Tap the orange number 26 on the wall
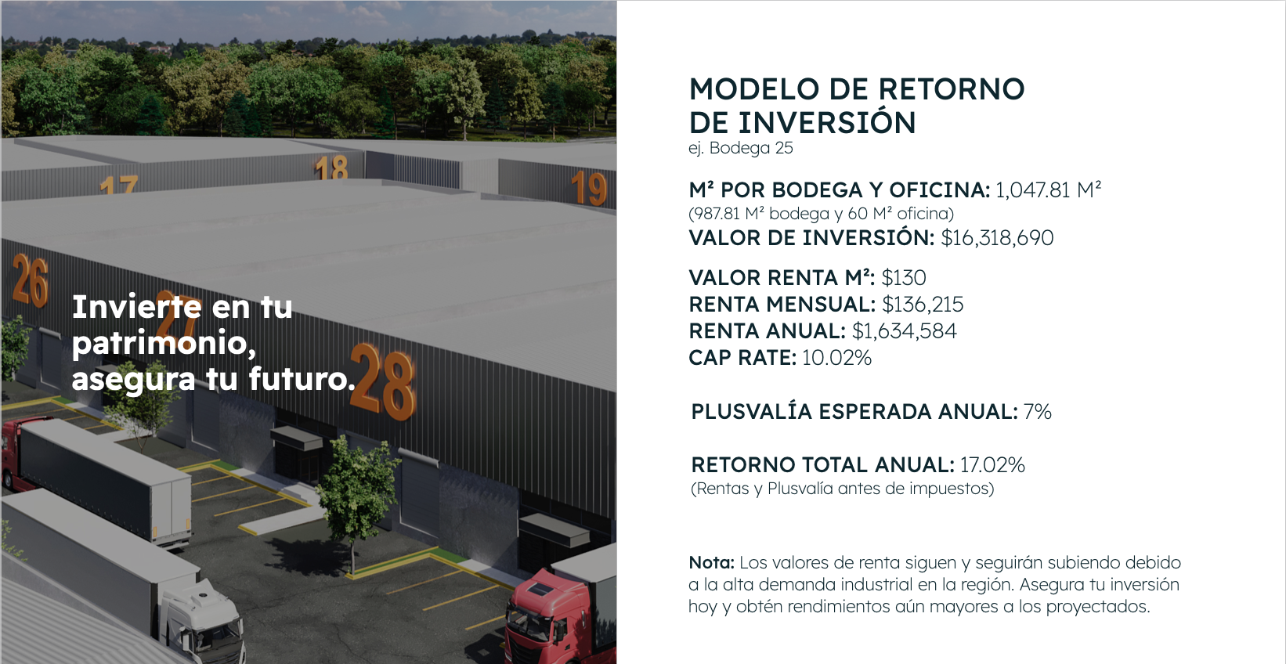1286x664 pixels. (x=30, y=281)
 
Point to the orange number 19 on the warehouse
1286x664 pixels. (x=588, y=188)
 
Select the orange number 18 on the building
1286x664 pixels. (x=331, y=167)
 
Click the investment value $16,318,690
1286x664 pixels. (x=997, y=237)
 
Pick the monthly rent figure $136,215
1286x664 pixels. (x=923, y=304)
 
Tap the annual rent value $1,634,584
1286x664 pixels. (x=905, y=331)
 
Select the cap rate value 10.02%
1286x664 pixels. (x=836, y=358)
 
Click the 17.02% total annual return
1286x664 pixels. (x=992, y=465)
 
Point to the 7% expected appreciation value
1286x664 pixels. (x=1038, y=412)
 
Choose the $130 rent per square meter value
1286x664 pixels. (x=904, y=278)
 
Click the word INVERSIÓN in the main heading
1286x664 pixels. (x=827, y=123)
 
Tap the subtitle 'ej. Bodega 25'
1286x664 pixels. (x=741, y=148)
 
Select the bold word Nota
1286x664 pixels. (x=711, y=562)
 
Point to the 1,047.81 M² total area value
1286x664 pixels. (x=1049, y=190)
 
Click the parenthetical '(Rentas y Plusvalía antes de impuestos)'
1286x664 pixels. (x=842, y=489)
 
